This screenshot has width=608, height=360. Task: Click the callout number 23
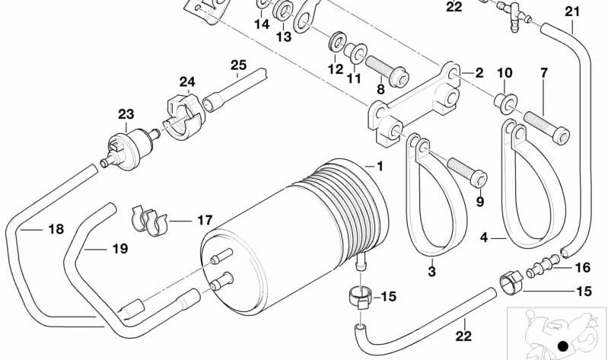pos(126,114)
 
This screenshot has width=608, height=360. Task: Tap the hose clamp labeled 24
pos(183,116)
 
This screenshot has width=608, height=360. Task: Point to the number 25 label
pos(238,65)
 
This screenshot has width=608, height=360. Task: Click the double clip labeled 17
pos(149,221)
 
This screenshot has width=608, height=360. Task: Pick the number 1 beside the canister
pos(380,166)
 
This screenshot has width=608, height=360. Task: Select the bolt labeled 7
pos(546,127)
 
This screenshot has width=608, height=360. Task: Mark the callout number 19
pos(119,248)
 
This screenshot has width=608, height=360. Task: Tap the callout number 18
pos(56,229)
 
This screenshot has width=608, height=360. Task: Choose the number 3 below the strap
pos(432,272)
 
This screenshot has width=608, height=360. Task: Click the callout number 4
pos(483,237)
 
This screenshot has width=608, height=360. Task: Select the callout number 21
pos(572,11)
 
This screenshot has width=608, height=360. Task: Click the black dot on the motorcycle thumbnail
pos(562,346)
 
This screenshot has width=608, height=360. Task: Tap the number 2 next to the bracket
pos(479,72)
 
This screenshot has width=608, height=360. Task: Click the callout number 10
pos(505,72)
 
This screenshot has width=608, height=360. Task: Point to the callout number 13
pos(283,37)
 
